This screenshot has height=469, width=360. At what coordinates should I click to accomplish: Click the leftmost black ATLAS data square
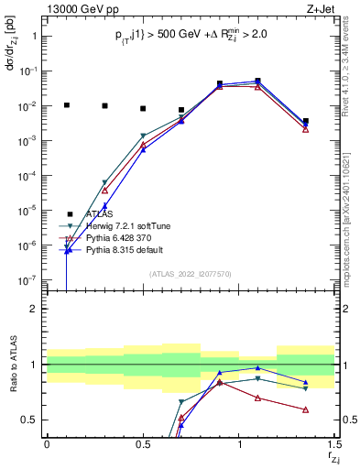click(66, 105)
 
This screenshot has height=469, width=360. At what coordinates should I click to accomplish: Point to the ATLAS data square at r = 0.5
click(143, 108)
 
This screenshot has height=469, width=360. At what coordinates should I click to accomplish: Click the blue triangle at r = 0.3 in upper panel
click(104, 206)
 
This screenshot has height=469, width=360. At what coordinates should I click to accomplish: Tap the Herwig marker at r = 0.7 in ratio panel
click(181, 402)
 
